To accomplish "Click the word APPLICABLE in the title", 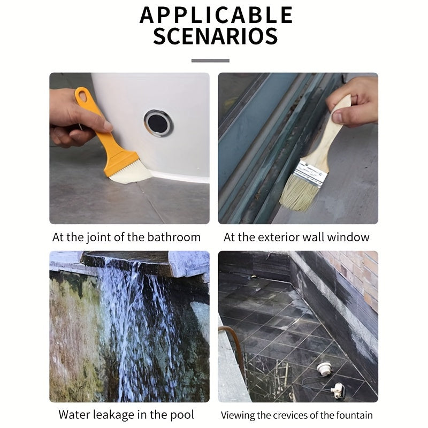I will coord(216,15).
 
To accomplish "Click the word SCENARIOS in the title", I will coord(215,36).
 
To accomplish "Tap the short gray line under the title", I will coord(210,60).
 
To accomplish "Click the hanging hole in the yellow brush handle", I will coord(82,97).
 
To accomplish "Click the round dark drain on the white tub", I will coord(158,123).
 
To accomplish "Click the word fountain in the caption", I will coord(354,415).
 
